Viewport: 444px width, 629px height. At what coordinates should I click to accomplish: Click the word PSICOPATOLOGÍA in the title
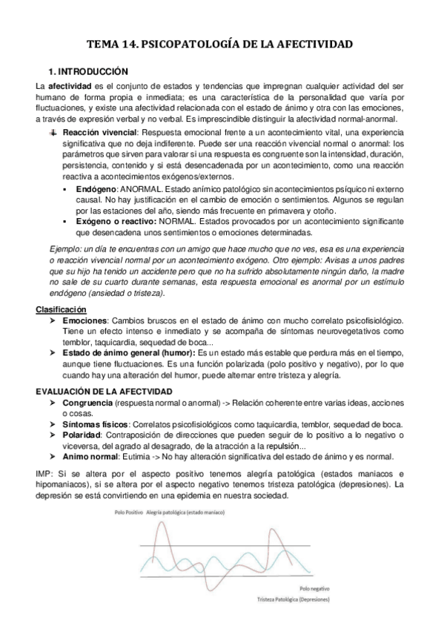click(x=202, y=45)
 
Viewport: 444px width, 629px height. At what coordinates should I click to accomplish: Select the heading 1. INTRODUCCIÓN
click(x=87, y=72)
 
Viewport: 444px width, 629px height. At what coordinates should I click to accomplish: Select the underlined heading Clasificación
click(x=61, y=309)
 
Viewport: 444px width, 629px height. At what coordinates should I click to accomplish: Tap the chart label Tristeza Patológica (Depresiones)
click(x=294, y=599)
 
